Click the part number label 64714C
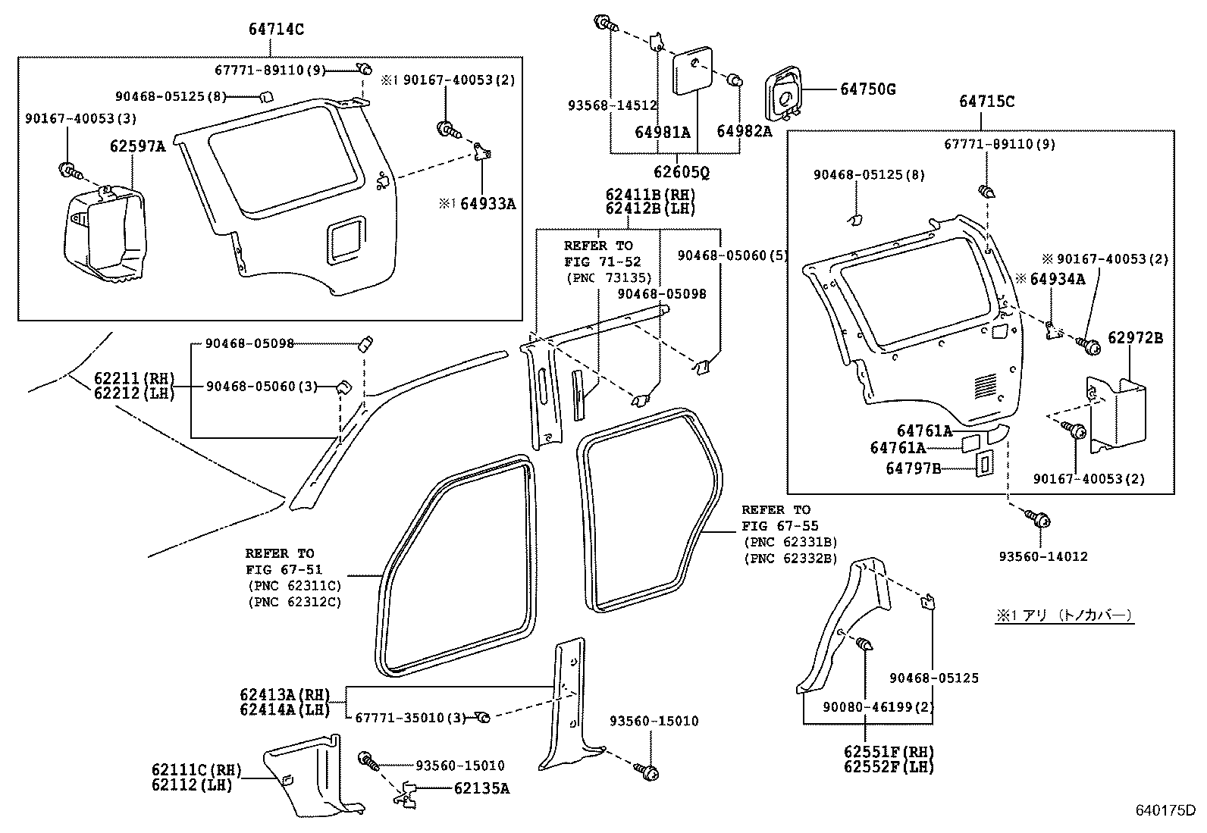coord(276,30)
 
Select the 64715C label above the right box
coord(986,102)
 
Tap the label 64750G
coord(867,89)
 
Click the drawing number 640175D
coord(1165,811)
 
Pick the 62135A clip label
coord(481,788)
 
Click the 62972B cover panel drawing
coord(1117,415)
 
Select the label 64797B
coord(913,468)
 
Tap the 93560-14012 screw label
coord(1042,556)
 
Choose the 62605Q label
coord(682,173)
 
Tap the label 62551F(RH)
coord(889,752)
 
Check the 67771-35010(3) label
coord(409,717)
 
